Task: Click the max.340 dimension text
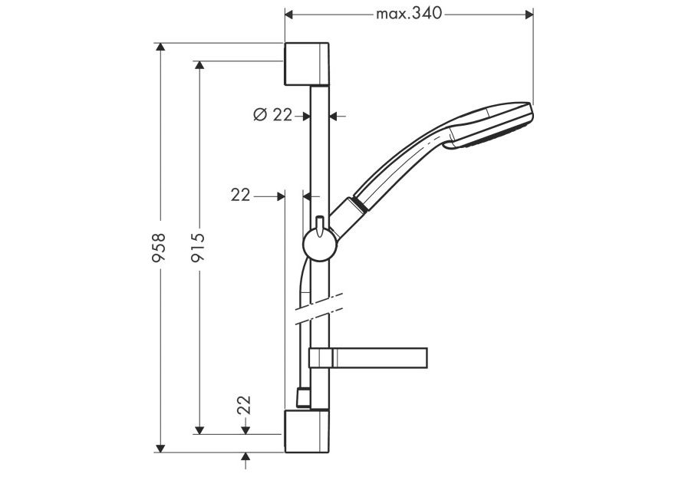tap(409, 13)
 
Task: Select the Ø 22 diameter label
tap(272, 114)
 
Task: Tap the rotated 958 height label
tap(159, 248)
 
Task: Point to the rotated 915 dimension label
tap(198, 248)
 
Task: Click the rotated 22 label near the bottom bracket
tap(244, 404)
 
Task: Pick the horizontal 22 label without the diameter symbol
tap(240, 196)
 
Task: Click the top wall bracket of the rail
tap(308, 64)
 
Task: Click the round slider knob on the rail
tap(318, 245)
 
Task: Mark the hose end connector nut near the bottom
tap(301, 397)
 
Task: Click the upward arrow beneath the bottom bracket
tap(245, 459)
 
